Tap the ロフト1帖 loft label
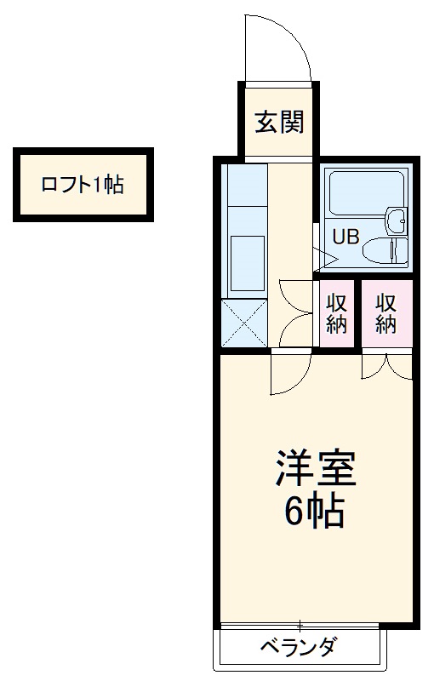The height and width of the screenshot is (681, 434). tap(83, 184)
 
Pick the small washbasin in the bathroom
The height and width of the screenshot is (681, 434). tap(397, 220)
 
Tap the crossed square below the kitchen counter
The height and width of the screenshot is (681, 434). tap(245, 323)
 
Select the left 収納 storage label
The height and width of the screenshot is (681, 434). tap(338, 312)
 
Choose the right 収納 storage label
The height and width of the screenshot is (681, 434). tap(387, 312)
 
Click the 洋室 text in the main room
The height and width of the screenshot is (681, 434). tap(314, 466)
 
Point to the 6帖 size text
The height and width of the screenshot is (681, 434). tap(314, 512)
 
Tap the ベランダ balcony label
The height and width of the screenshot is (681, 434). tap(299, 646)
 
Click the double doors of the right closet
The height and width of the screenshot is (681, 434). tap(387, 364)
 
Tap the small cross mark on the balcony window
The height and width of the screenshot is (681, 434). tap(300, 626)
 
